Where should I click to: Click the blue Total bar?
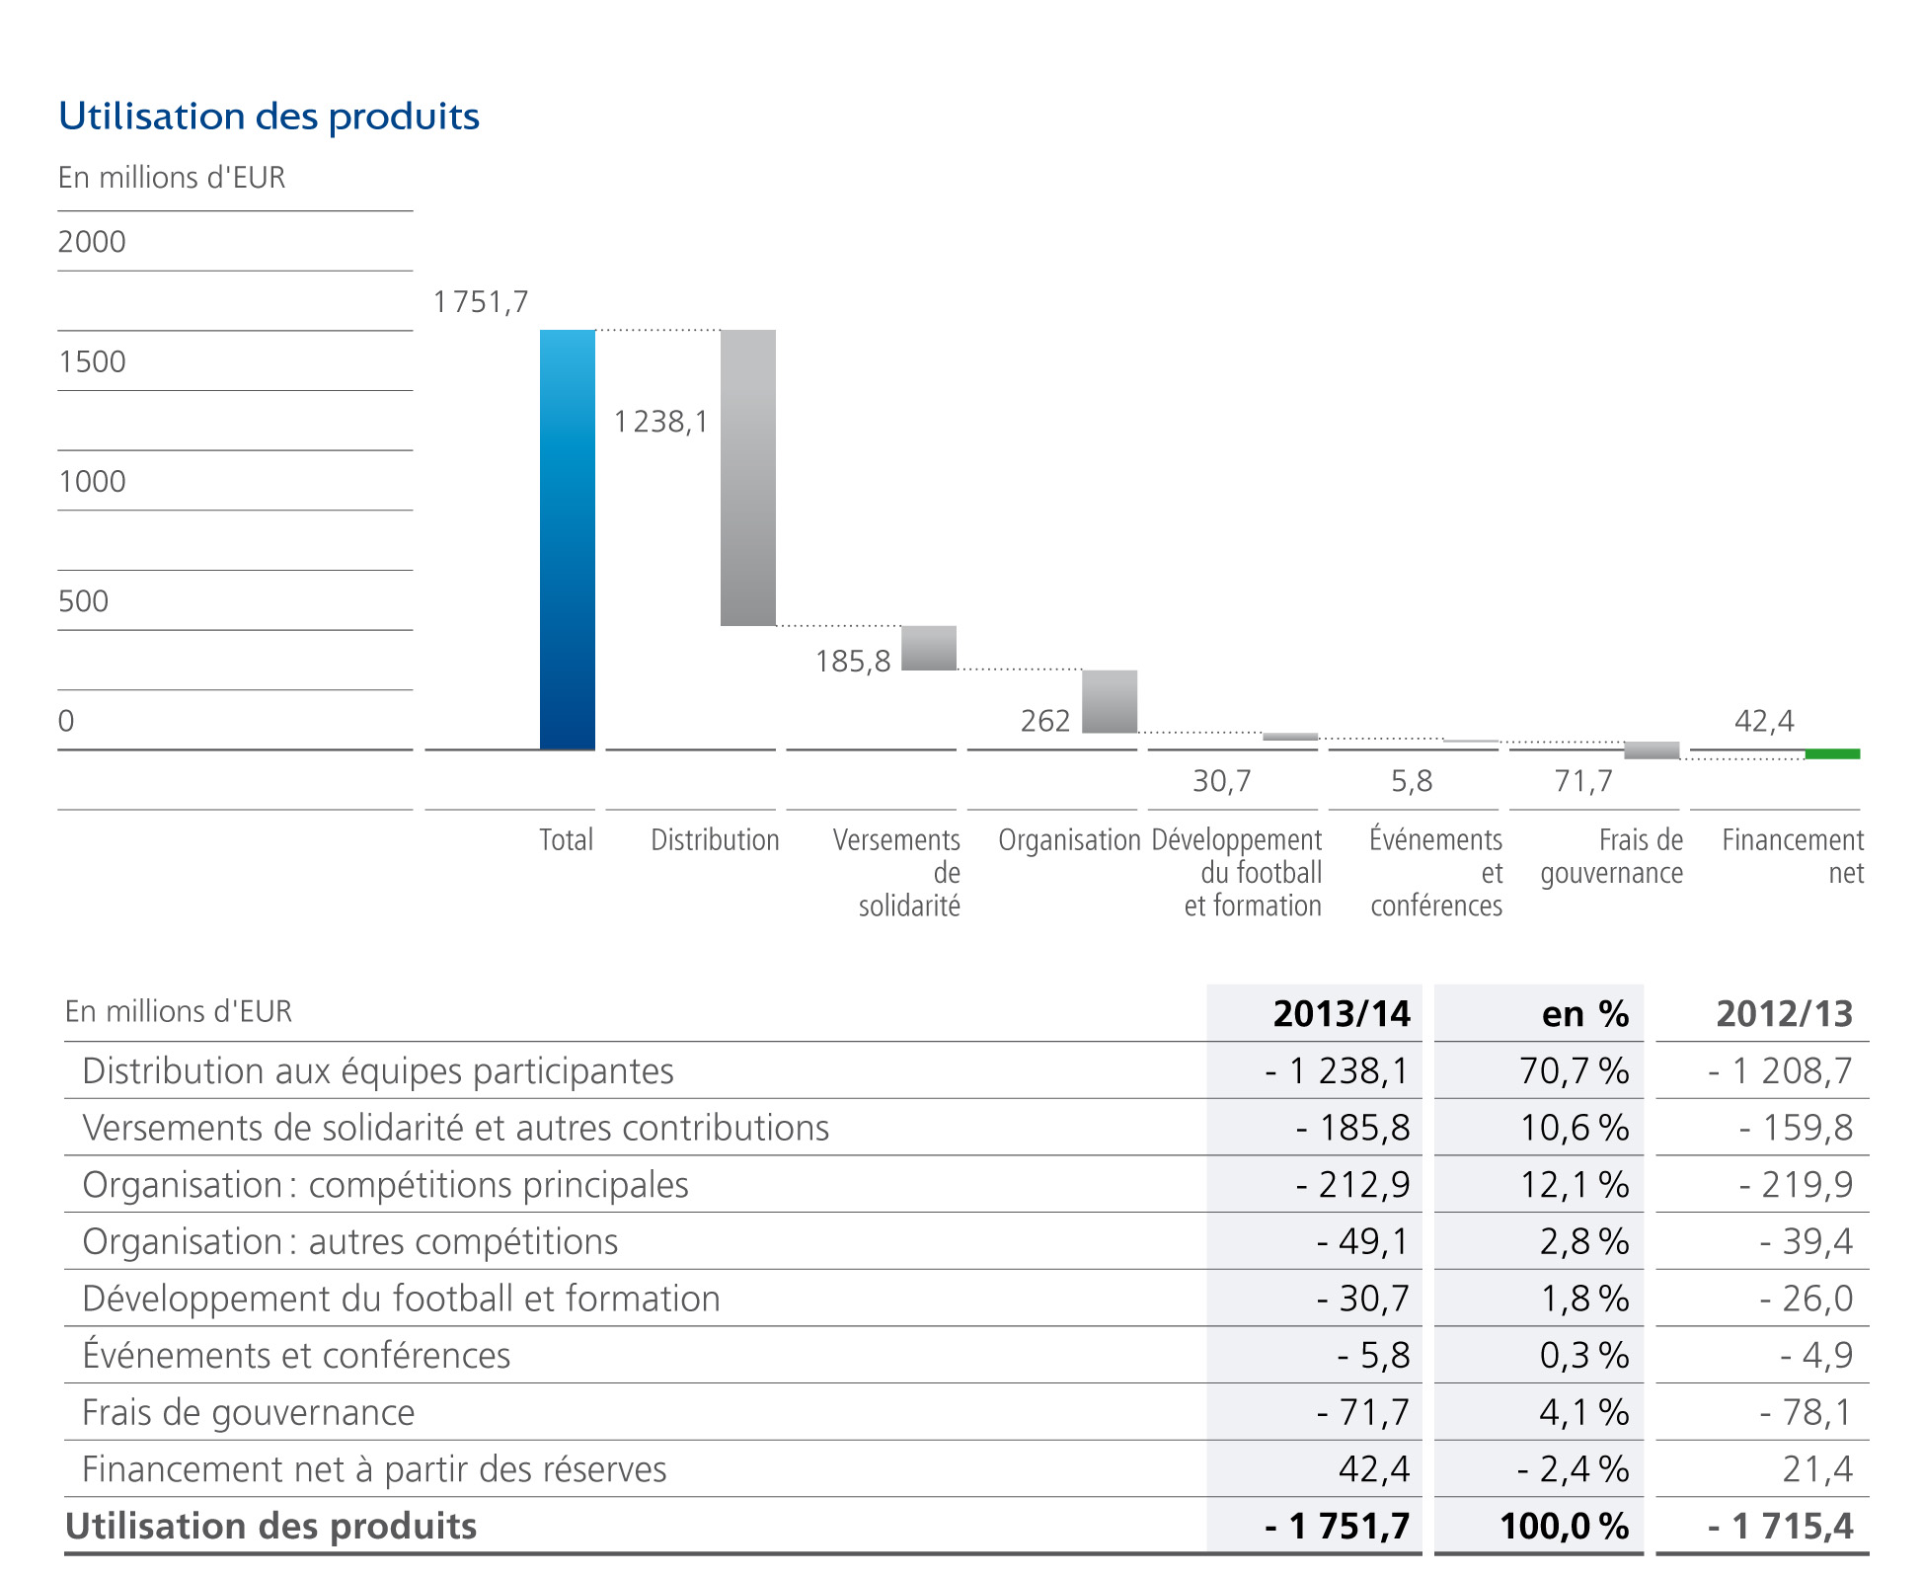click(568, 539)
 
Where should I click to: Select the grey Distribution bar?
click(748, 477)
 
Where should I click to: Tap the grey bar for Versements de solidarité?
click(929, 648)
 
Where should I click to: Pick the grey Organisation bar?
click(1110, 701)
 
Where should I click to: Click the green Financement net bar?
click(1832, 754)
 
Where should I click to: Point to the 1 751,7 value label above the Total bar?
click(481, 302)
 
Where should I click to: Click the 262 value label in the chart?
click(1045, 721)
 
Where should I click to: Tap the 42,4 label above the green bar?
click(1764, 721)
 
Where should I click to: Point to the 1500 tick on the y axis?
click(92, 361)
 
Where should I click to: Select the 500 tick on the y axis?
click(83, 601)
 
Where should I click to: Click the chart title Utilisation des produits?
click(269, 117)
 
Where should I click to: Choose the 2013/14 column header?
click(1342, 1013)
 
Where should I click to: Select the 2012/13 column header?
click(1784, 1013)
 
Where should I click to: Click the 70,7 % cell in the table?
click(1574, 1070)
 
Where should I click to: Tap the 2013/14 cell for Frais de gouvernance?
click(1363, 1412)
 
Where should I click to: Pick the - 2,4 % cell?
click(1572, 1469)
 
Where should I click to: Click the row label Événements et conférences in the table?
click(296, 1355)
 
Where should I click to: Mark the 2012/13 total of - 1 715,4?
click(1781, 1527)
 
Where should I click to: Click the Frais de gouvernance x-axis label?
click(1612, 856)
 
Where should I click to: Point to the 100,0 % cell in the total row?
click(1564, 1527)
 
